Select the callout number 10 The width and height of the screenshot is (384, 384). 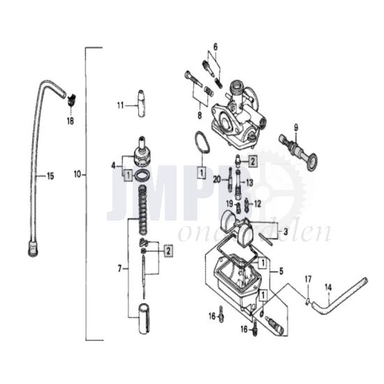coord(77,172)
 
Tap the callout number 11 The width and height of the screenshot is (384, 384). coord(119,105)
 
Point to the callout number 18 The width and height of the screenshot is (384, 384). coord(69,120)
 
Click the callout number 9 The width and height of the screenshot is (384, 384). coord(295,127)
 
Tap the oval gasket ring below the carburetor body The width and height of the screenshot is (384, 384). coord(201,144)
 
